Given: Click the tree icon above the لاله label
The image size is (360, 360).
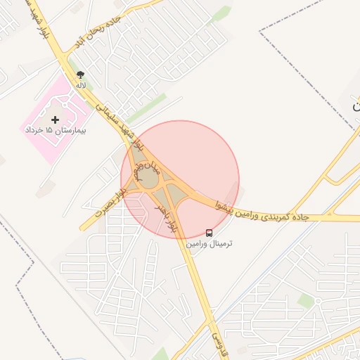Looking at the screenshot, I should pyautogui.click(x=82, y=74).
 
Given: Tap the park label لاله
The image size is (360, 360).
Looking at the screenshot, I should pyautogui.click(x=82, y=85).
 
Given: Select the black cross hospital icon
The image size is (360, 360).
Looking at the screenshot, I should pyautogui.click(x=56, y=120).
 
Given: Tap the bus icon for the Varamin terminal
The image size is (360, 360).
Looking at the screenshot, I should pyautogui.click(x=209, y=233).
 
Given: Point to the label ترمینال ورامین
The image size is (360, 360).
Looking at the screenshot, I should pyautogui.click(x=209, y=243).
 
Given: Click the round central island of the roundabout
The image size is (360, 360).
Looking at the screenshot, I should pyautogui.click(x=150, y=179).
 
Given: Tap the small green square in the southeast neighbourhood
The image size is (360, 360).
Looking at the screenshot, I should pyautogui.click(x=305, y=300).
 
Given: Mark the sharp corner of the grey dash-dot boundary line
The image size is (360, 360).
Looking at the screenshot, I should pyautogui.click(x=259, y=32).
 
